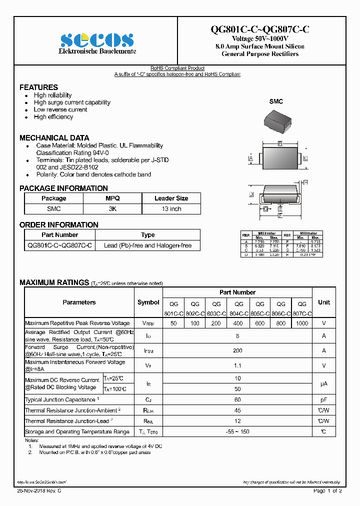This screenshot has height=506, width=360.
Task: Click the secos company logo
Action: [97, 39]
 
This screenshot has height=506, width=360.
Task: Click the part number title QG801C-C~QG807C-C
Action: [259, 29]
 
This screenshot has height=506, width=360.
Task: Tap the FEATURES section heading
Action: [38, 87]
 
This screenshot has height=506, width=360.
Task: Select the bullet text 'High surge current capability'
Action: [72, 102]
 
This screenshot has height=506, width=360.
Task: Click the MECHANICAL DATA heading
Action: [54, 137]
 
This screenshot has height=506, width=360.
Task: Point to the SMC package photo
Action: [275, 119]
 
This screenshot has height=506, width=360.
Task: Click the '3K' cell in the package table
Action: [112, 209]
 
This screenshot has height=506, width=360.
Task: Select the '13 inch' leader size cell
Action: [171, 209]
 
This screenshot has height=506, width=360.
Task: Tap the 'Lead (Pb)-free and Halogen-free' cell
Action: [147, 245]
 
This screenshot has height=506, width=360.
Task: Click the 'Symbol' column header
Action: [148, 302]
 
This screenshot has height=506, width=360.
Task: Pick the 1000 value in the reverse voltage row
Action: [302, 323]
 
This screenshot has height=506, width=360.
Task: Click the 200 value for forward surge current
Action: [237, 351]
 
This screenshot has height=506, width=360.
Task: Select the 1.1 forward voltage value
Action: [237, 365]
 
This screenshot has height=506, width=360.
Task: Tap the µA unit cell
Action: [323, 383]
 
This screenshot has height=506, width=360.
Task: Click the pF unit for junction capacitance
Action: [323, 399]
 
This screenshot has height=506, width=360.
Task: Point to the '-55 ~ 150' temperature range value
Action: [237, 431]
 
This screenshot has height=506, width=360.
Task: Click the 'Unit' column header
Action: [323, 302]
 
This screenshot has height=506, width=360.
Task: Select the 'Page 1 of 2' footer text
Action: [327, 491]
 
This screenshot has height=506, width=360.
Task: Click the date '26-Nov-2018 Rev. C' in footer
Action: [39, 491]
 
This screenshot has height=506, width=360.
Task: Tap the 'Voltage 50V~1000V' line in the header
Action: [259, 38]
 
